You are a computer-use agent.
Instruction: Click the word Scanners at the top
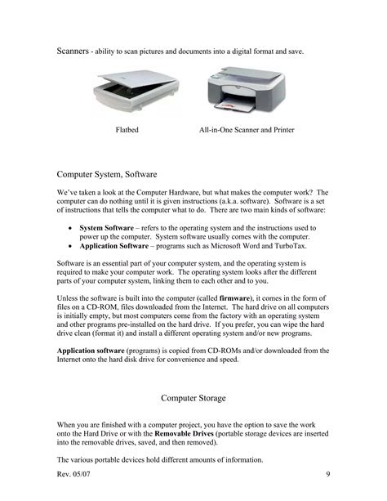73,51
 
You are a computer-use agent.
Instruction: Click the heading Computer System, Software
112,174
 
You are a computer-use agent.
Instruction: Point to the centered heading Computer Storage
193,398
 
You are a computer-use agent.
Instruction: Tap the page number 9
327,475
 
